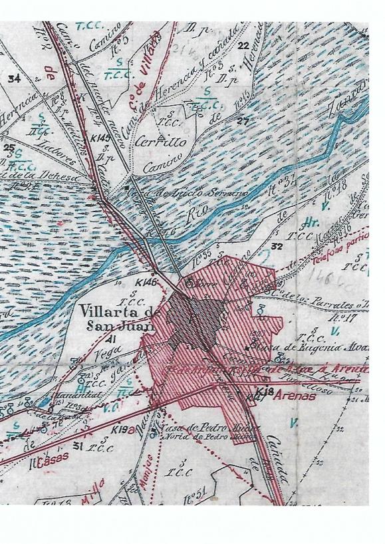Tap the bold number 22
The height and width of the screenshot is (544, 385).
click(242, 46)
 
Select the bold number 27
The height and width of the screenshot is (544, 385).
click(242, 120)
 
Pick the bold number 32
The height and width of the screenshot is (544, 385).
click(277, 246)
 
